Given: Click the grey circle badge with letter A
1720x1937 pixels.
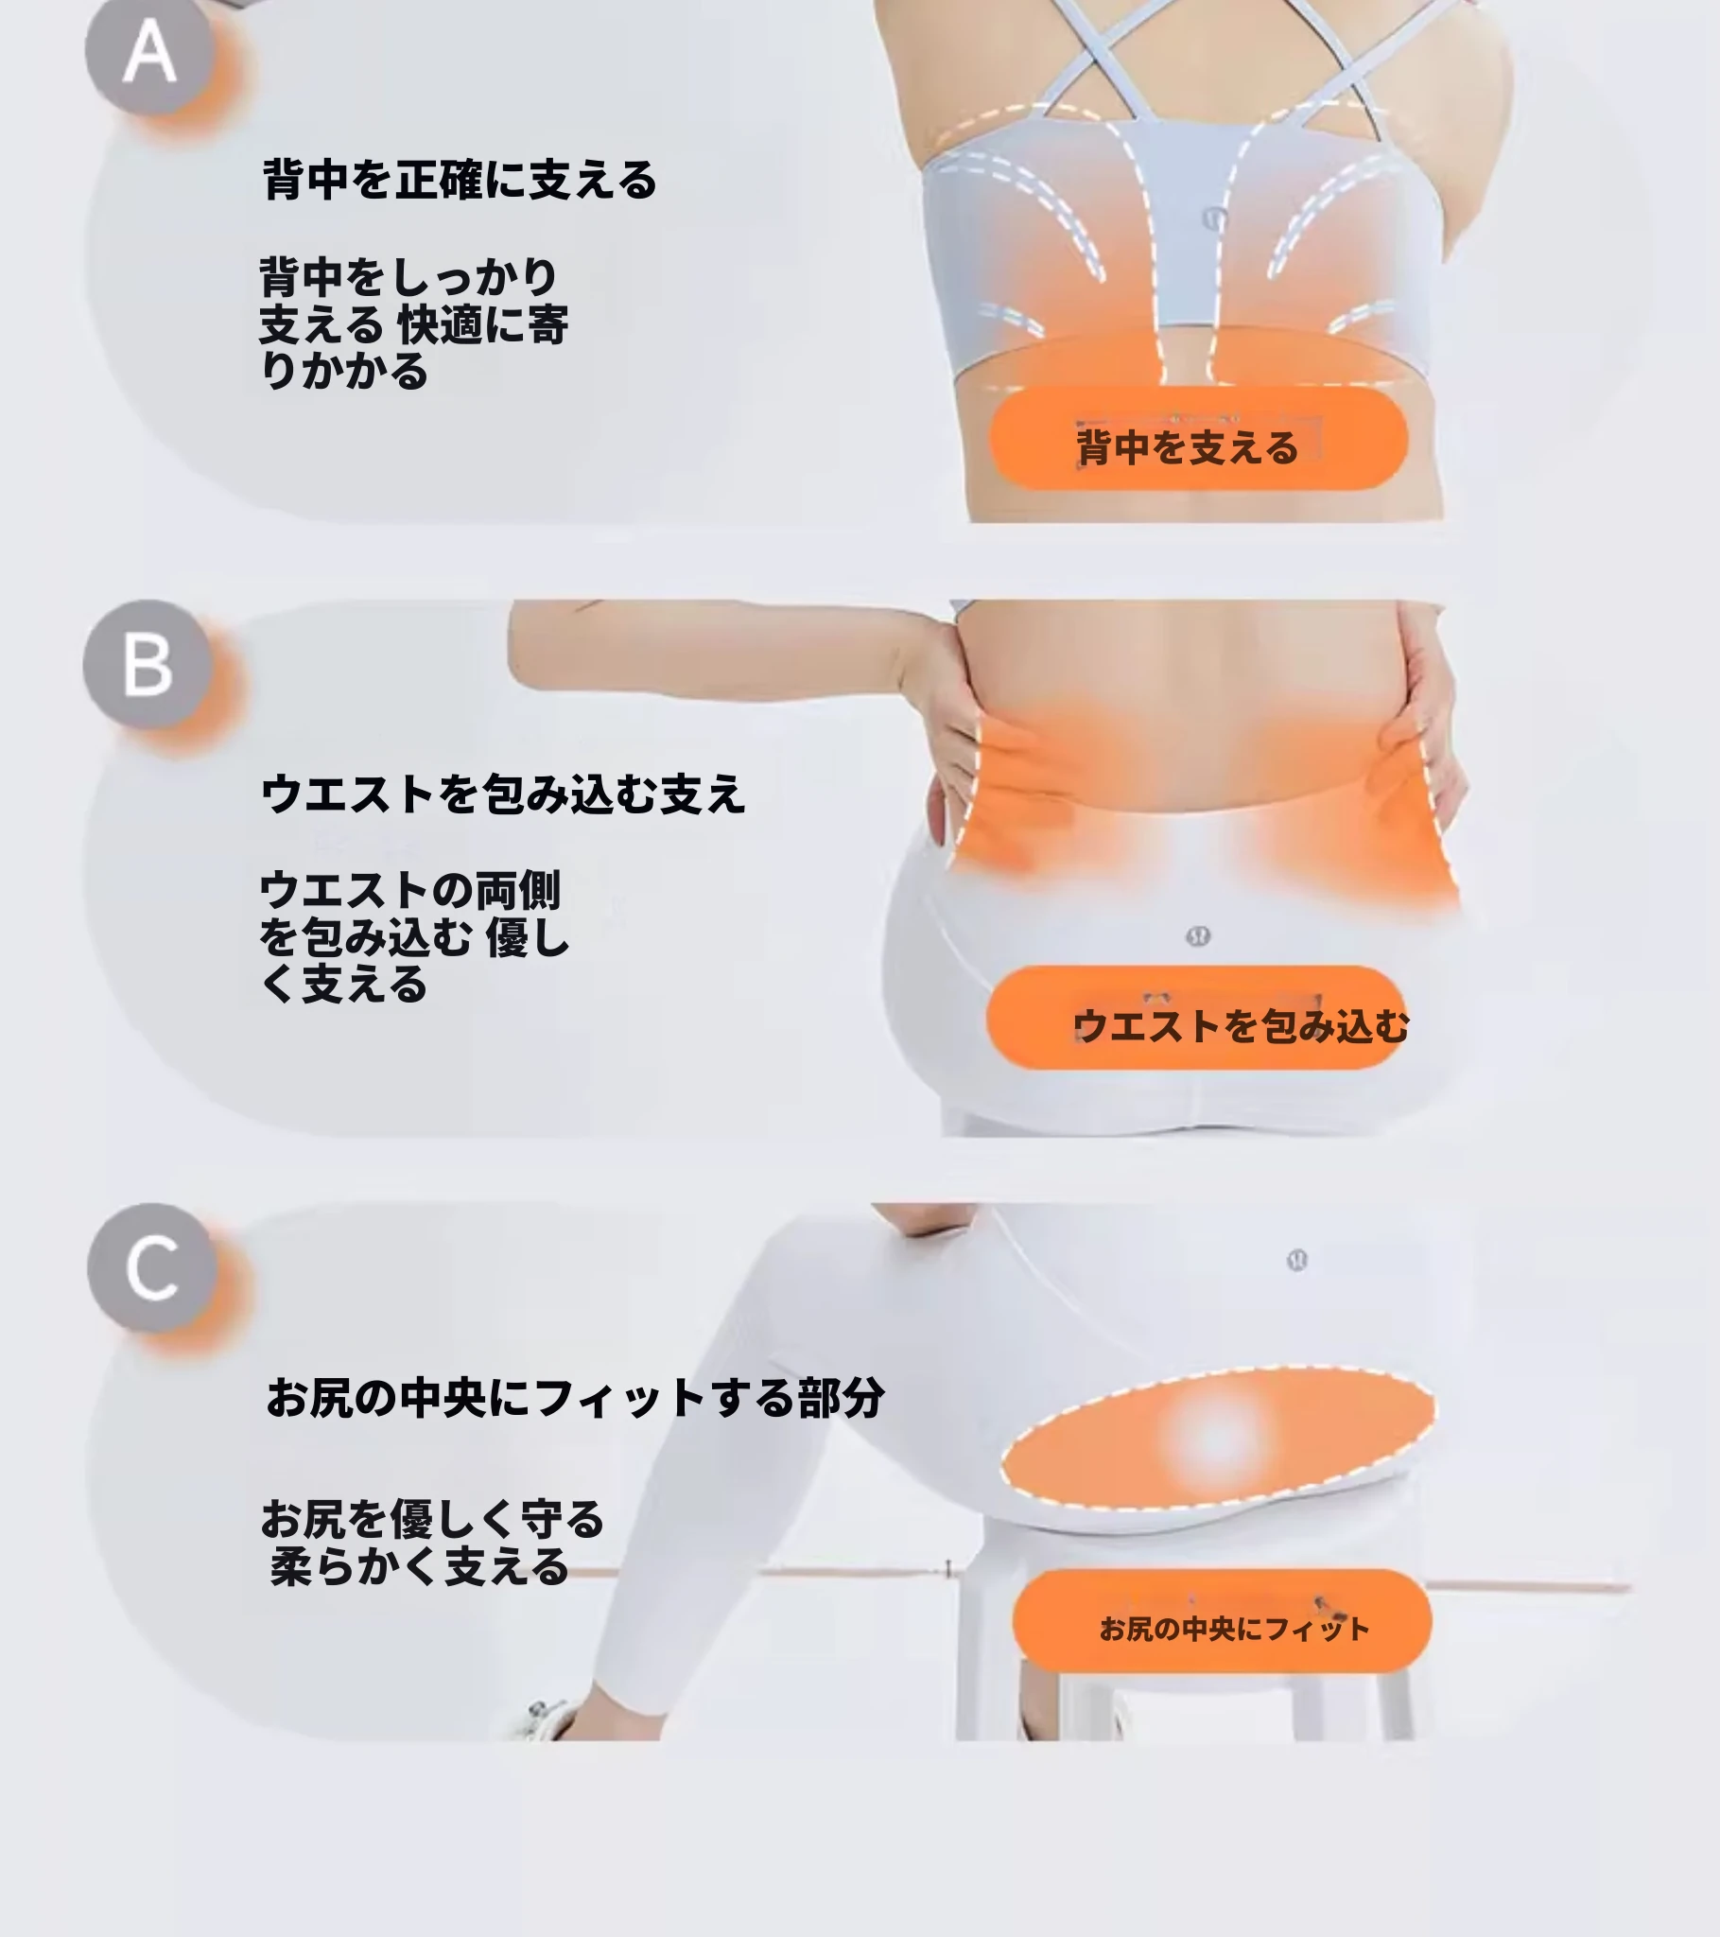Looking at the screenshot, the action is point(148,52).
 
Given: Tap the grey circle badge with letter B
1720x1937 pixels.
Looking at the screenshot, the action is point(147,663).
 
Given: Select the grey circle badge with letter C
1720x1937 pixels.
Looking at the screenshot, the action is point(151,1268).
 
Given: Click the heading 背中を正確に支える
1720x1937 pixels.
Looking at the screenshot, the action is point(460,179).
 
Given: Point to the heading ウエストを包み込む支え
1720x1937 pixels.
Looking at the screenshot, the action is point(503,794).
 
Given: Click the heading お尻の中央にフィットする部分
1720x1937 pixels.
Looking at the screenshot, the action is point(575,1398).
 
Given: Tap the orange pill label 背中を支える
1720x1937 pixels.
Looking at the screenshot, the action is point(1199,439).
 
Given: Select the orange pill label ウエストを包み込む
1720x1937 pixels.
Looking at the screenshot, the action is point(1196,1018).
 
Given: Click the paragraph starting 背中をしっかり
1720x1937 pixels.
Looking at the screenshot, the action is point(413,323).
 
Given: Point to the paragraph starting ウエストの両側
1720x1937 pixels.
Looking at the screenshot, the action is point(414,936).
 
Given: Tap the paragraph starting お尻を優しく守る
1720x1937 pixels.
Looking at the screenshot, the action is point(432,1543).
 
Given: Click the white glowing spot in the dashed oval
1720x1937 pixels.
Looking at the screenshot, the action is point(1218,1437).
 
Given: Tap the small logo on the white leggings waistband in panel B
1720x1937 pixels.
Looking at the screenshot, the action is point(1198,936).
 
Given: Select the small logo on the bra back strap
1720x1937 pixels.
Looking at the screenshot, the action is point(1215,218).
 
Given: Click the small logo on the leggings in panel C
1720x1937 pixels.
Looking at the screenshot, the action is point(1297,1261).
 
